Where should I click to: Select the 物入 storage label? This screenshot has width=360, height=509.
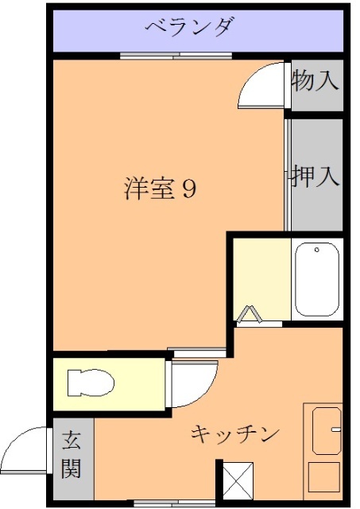point(315,80)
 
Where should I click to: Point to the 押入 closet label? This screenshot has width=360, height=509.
point(315,175)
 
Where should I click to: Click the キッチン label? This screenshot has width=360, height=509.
point(235,434)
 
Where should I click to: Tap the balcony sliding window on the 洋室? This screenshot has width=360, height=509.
point(176,56)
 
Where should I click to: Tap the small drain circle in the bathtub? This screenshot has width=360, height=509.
point(316,251)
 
